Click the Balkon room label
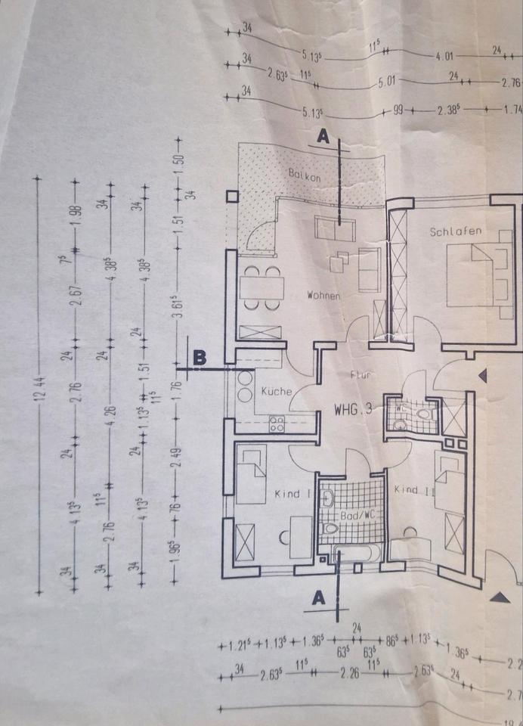[305, 175]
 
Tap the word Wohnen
[323, 295]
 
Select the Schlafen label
[456, 231]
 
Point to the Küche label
[276, 392]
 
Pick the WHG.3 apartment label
[354, 410]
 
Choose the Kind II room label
[414, 490]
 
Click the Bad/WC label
[353, 515]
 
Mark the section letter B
[199, 357]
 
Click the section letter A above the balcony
[323, 137]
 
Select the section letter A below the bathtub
[318, 597]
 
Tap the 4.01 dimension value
[444, 56]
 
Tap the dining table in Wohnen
[261, 287]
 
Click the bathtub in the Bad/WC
[352, 554]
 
